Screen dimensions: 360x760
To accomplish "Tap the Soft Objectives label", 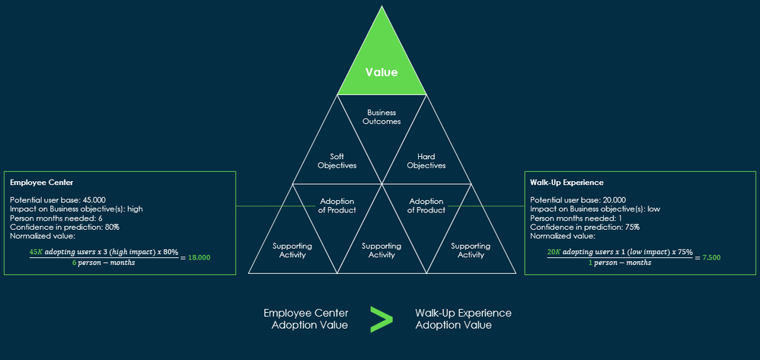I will [x=337, y=161].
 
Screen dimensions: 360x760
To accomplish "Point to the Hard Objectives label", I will [x=426, y=161].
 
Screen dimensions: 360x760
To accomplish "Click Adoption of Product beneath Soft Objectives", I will [x=337, y=205].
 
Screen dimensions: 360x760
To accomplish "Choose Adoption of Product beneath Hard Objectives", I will [x=426, y=205].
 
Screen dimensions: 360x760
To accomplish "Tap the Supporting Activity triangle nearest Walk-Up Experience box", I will [x=471, y=250].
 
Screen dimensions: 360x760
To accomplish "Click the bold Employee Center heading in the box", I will [x=36, y=183].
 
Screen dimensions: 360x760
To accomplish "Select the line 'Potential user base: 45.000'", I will [x=58, y=199].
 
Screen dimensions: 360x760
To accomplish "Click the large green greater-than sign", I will [x=381, y=319].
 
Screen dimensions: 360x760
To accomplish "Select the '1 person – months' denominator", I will [x=620, y=263].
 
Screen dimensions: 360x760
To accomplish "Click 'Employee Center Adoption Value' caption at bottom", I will [x=305, y=319].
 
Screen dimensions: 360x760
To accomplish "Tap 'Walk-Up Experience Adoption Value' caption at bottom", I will [x=463, y=319].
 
